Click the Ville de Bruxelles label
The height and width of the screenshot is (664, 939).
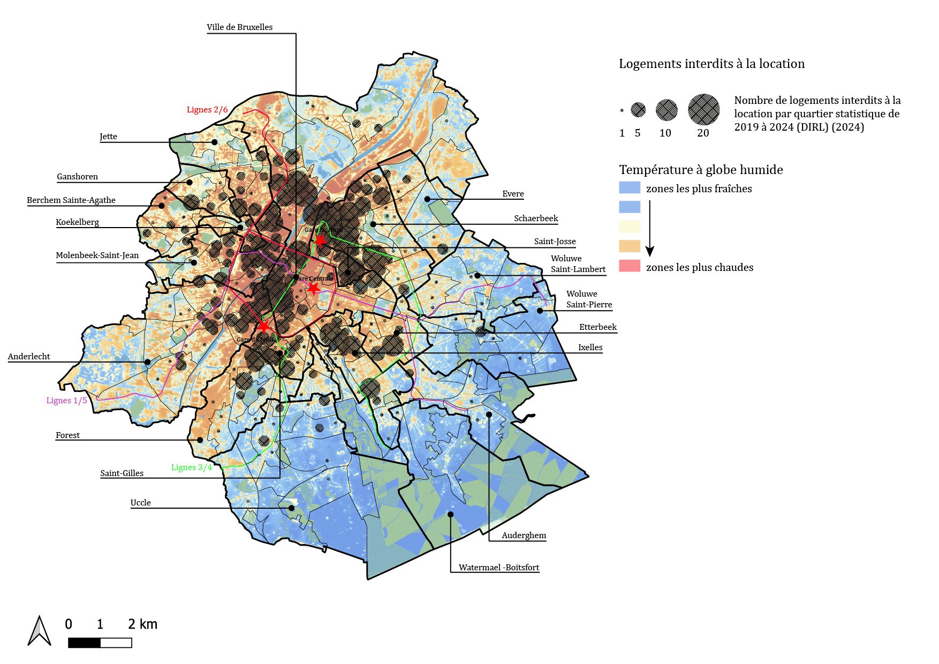tap(239, 27)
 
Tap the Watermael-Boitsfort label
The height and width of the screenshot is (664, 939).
tap(498, 568)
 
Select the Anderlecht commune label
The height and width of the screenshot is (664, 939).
tap(29, 357)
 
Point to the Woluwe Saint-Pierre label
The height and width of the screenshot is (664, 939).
tap(589, 299)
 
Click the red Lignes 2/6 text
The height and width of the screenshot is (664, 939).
tap(207, 110)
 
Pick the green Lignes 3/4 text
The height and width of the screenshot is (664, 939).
tap(192, 467)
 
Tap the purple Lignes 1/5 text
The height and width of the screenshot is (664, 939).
tap(66, 401)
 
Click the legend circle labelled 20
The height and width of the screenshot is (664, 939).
tap(703, 109)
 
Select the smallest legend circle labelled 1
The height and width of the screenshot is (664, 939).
tap(622, 111)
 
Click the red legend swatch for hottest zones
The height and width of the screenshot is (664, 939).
tap(630, 266)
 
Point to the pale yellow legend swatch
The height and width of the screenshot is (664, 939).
tap(630, 227)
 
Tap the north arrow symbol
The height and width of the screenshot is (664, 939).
tap(39, 631)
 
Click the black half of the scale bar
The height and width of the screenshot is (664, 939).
tap(84, 643)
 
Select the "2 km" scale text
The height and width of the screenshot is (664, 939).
tap(142, 624)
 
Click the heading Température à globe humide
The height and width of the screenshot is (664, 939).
tap(701, 170)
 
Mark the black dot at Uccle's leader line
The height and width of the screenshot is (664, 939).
tap(292, 508)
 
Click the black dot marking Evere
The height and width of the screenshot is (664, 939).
tap(427, 199)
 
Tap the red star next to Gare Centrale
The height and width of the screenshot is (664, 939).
tap(313, 289)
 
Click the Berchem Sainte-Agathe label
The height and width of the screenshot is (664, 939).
tap(71, 200)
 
